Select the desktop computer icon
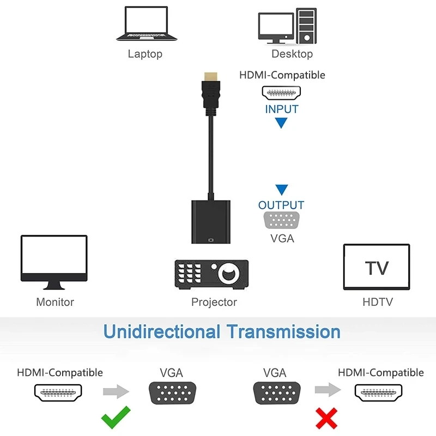287,25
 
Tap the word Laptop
145,54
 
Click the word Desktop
292,54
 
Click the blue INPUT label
282,109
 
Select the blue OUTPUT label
281,205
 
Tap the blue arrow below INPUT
281,123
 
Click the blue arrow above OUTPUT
281,190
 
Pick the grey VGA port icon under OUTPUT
282,221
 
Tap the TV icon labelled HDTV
377,267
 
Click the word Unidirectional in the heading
162,331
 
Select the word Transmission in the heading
283,331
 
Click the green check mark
116,417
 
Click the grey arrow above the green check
116,391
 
